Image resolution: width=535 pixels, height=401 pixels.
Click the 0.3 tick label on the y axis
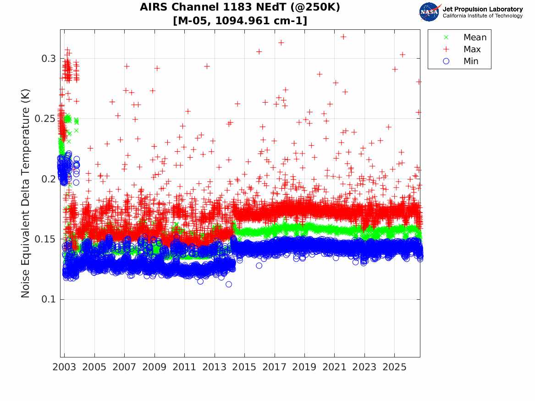pyautogui.click(x=49, y=59)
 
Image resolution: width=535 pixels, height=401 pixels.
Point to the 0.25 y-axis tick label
pyautogui.click(x=46, y=119)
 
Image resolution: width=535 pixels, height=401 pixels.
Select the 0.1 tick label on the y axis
pyautogui.click(x=49, y=299)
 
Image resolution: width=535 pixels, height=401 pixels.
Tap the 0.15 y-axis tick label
pyautogui.click(x=46, y=239)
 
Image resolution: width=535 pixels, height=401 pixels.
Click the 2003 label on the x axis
pyautogui.click(x=64, y=367)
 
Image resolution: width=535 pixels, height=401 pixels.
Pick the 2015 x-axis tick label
pyautogui.click(x=244, y=367)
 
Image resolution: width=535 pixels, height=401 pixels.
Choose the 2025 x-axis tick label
pyautogui.click(x=394, y=367)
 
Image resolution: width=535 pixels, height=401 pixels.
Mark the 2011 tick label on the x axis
pyautogui.click(x=184, y=367)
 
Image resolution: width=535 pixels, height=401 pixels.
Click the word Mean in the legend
pyautogui.click(x=475, y=38)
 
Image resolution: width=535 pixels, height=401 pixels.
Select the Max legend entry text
pyautogui.click(x=472, y=49)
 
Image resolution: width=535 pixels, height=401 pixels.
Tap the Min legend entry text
pyautogui.click(x=471, y=61)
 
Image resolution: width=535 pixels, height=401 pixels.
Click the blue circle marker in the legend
pyautogui.click(x=446, y=61)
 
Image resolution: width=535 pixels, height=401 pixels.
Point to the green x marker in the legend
pyautogui.click(x=446, y=38)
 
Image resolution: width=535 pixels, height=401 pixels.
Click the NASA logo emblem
pyautogui.click(x=430, y=12)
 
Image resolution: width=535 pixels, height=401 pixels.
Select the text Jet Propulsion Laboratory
pyautogui.click(x=483, y=9)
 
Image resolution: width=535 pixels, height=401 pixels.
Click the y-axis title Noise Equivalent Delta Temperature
pyautogui.click(x=25, y=193)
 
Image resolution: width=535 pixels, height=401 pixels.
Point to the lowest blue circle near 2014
pyautogui.click(x=229, y=285)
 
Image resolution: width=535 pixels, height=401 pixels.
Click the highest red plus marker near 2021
pyautogui.click(x=343, y=37)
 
